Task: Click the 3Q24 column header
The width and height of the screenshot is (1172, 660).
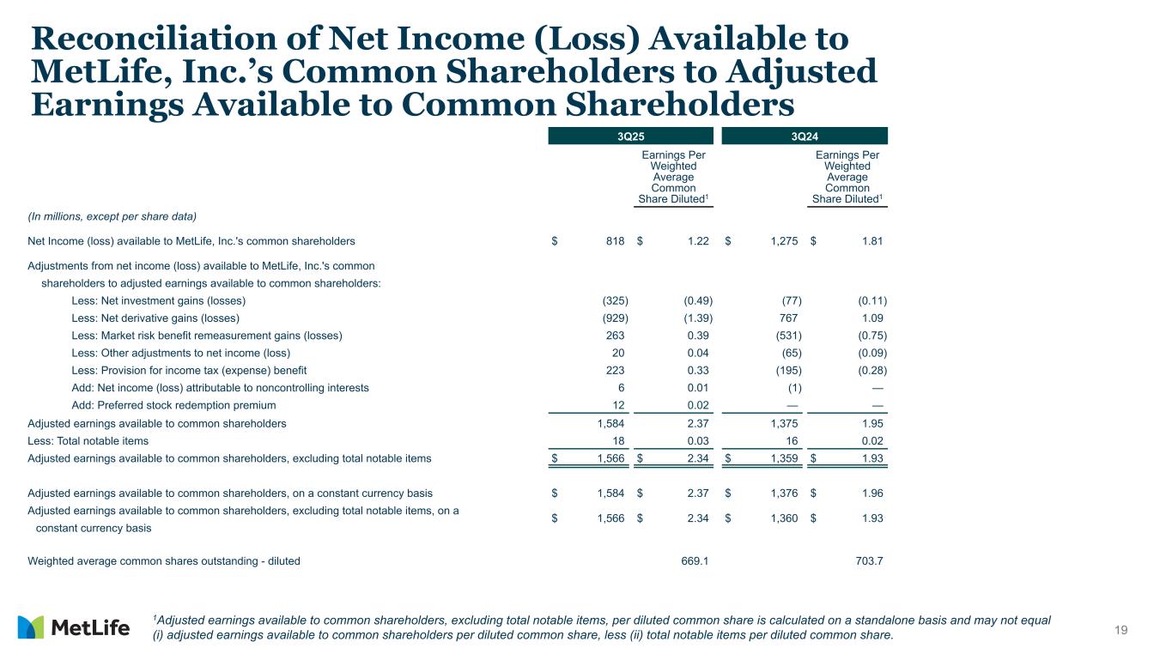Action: [x=805, y=136]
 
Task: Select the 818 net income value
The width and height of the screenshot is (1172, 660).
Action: [x=614, y=242]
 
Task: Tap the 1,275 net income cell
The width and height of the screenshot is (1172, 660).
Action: [x=782, y=242]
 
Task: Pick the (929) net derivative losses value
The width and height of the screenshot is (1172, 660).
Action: [x=614, y=318]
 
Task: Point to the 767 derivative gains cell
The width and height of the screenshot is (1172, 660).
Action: [x=787, y=318]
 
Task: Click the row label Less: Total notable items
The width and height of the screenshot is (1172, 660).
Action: [x=88, y=441]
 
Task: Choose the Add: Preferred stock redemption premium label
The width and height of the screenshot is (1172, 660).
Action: [x=173, y=405]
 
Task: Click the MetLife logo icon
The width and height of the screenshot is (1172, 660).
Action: [x=30, y=627]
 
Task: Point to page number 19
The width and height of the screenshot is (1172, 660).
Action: [x=1120, y=631]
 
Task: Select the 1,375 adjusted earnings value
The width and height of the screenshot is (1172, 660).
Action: [x=782, y=423]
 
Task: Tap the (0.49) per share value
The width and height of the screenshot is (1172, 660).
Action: [x=698, y=300]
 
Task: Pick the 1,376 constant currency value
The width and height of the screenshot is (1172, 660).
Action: [x=782, y=493]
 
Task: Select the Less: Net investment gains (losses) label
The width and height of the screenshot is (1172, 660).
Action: [x=158, y=300]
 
